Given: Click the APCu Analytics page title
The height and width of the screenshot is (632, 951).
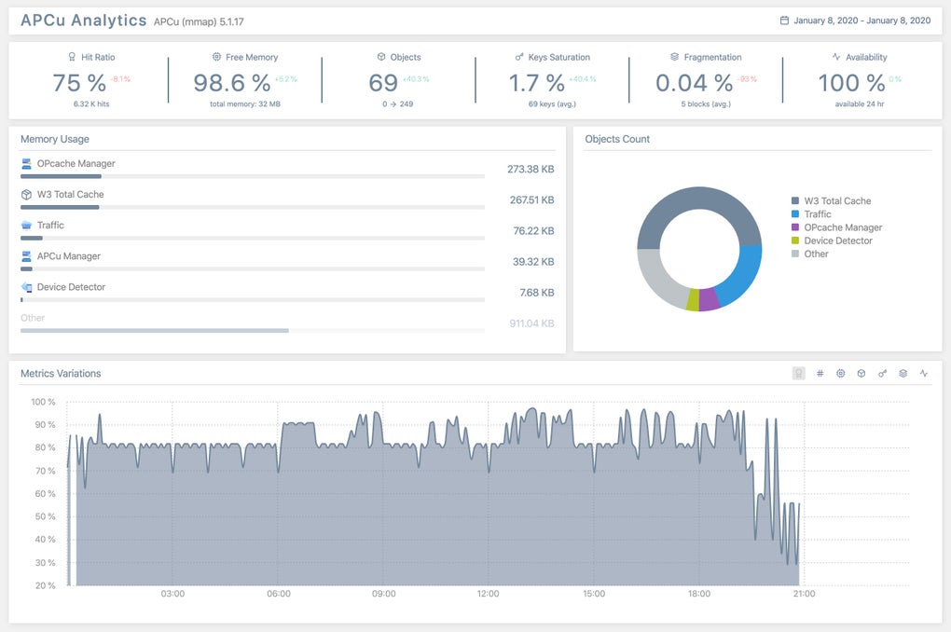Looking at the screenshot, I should pyautogui.click(x=84, y=21).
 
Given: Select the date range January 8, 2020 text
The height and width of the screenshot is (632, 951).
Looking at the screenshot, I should pyautogui.click(x=861, y=21).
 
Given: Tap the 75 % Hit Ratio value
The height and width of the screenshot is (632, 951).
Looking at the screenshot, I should pyautogui.click(x=79, y=83).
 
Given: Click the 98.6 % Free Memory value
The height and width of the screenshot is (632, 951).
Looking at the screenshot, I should pyautogui.click(x=232, y=83).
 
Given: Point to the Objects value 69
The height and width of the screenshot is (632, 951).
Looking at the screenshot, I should pyautogui.click(x=383, y=83).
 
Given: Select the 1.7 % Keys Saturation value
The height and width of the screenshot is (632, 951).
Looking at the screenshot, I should pyautogui.click(x=536, y=83).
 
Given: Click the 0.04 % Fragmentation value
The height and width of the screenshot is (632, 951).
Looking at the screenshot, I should pyautogui.click(x=694, y=83).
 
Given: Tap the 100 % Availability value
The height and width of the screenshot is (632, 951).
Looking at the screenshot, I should pyautogui.click(x=851, y=83).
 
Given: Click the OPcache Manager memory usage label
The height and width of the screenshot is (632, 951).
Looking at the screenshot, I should pyautogui.click(x=76, y=164).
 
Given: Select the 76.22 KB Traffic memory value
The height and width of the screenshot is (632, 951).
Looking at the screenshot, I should pyautogui.click(x=533, y=231).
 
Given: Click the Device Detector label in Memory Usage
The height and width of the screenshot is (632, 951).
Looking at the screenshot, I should pyautogui.click(x=71, y=287).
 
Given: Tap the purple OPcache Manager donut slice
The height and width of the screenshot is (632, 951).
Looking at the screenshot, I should pyautogui.click(x=709, y=299).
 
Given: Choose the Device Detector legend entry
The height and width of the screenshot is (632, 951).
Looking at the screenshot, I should pyautogui.click(x=837, y=240).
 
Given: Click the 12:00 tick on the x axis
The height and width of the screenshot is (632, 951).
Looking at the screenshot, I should pyautogui.click(x=489, y=594).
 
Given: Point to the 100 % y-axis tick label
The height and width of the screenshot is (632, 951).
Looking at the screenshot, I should pyautogui.click(x=44, y=403).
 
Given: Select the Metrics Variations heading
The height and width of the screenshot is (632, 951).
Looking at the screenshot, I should pyautogui.click(x=61, y=374).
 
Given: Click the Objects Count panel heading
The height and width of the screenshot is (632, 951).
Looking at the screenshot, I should pyautogui.click(x=617, y=139).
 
